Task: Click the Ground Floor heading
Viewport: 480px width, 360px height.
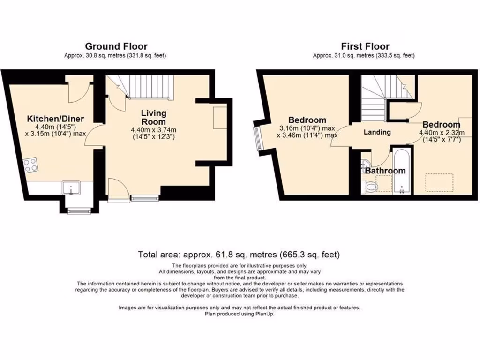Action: [116, 46]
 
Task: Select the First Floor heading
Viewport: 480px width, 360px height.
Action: [365, 46]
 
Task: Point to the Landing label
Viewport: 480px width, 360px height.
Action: [377, 132]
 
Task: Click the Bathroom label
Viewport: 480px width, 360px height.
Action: [385, 171]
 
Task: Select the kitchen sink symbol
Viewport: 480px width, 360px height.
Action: [71, 188]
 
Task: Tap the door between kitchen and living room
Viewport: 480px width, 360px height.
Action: [95, 135]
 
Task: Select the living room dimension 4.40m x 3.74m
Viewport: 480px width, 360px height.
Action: [154, 130]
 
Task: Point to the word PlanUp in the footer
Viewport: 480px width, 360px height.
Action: [265, 314]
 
